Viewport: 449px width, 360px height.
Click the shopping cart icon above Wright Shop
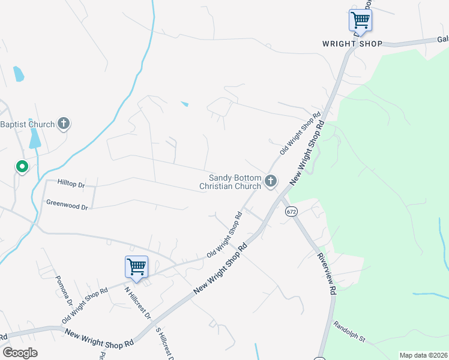click(x=360, y=20)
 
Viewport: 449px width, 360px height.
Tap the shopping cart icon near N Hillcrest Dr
click(x=136, y=267)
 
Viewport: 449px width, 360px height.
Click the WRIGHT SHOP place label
click(x=352, y=44)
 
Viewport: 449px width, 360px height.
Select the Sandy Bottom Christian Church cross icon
click(x=271, y=181)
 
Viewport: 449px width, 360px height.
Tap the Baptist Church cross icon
click(x=64, y=124)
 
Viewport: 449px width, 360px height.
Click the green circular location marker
click(x=22, y=166)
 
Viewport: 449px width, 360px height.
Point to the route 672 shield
click(x=291, y=211)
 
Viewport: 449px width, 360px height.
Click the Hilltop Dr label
click(x=72, y=181)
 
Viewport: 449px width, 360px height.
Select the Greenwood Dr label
click(x=67, y=205)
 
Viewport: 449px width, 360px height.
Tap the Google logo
click(x=20, y=353)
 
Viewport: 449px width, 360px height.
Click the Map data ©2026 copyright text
click(x=423, y=355)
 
